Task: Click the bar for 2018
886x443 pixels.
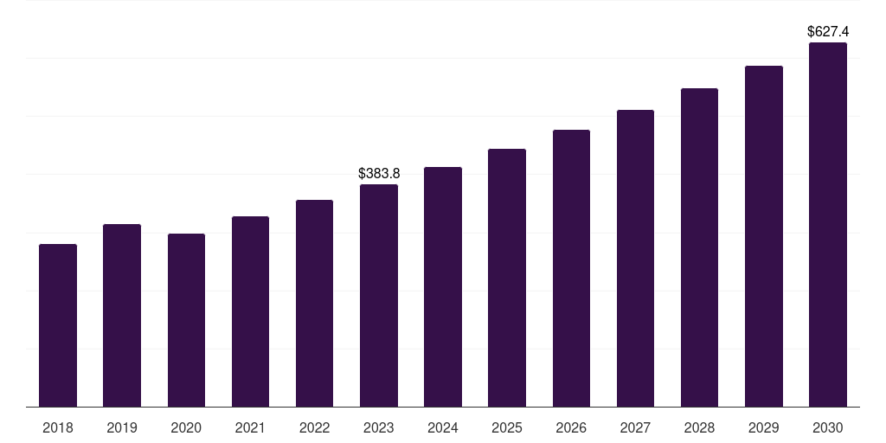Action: tap(58, 325)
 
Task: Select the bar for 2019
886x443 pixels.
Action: tap(122, 316)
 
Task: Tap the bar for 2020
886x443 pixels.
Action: tap(186, 320)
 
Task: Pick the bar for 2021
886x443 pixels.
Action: tap(250, 311)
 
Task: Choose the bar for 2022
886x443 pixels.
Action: tap(314, 304)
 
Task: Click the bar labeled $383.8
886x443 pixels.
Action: tap(379, 296)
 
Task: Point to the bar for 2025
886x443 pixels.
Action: tap(507, 278)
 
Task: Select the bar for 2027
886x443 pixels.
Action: tap(635, 259)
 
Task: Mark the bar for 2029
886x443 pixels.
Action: tap(764, 236)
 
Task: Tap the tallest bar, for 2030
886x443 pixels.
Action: tap(828, 225)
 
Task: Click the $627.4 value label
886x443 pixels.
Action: tap(828, 32)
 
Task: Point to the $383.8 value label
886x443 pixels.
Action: tap(379, 174)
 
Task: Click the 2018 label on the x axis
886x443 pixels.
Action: tap(58, 427)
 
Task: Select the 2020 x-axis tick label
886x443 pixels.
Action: tap(186, 427)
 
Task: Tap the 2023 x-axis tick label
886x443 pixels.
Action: tap(379, 427)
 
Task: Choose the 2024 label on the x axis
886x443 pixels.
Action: tap(443, 427)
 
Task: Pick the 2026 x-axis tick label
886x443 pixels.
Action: tap(571, 427)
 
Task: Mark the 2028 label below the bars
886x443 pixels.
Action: tap(699, 427)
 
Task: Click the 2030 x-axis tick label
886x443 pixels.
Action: tap(828, 427)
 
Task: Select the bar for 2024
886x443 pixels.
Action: tap(443, 287)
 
